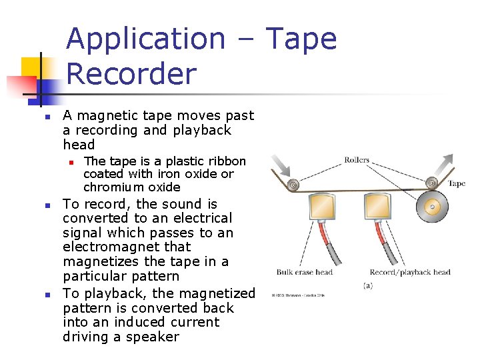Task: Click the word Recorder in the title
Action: (131, 74)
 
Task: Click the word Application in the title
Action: (146, 39)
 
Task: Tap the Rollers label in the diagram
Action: (357, 160)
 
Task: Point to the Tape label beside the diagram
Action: (457, 183)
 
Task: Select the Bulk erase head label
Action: (304, 272)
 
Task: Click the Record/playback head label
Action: (410, 272)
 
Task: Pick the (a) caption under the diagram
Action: (367, 285)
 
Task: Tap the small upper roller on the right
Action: (432, 182)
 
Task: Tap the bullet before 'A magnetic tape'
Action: (47, 117)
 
